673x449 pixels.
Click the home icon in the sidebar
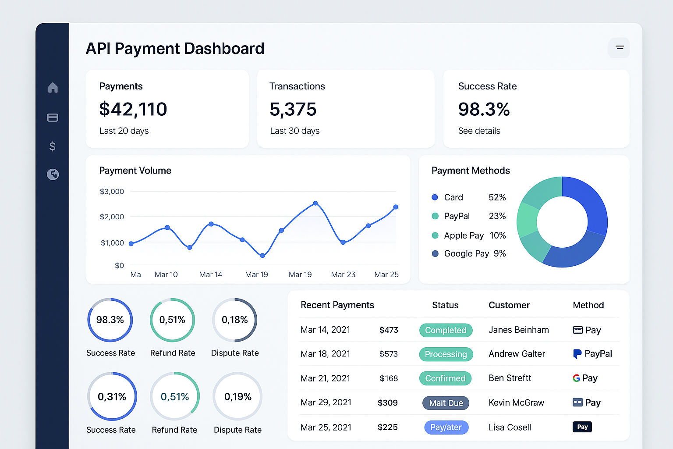point(53,88)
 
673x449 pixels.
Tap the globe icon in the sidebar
point(53,175)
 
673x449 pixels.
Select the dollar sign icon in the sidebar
point(53,146)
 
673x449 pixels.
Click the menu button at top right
point(619,48)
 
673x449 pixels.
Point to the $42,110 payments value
point(133,109)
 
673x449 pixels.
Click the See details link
point(479,131)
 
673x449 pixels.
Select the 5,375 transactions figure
point(293,109)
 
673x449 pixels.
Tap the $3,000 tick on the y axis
point(112,192)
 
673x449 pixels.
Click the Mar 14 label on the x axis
point(210,274)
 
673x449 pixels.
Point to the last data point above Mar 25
point(396,207)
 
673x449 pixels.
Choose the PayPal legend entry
point(457,216)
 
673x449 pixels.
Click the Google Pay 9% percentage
point(499,253)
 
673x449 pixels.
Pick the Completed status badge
point(446,330)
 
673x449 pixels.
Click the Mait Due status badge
point(446,403)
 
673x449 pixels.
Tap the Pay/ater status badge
point(446,428)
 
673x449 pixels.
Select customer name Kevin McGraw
point(516,403)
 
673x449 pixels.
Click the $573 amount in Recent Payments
point(388,354)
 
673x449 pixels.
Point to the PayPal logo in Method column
point(577,354)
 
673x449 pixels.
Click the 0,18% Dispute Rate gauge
point(234,320)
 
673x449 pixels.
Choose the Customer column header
point(509,305)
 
